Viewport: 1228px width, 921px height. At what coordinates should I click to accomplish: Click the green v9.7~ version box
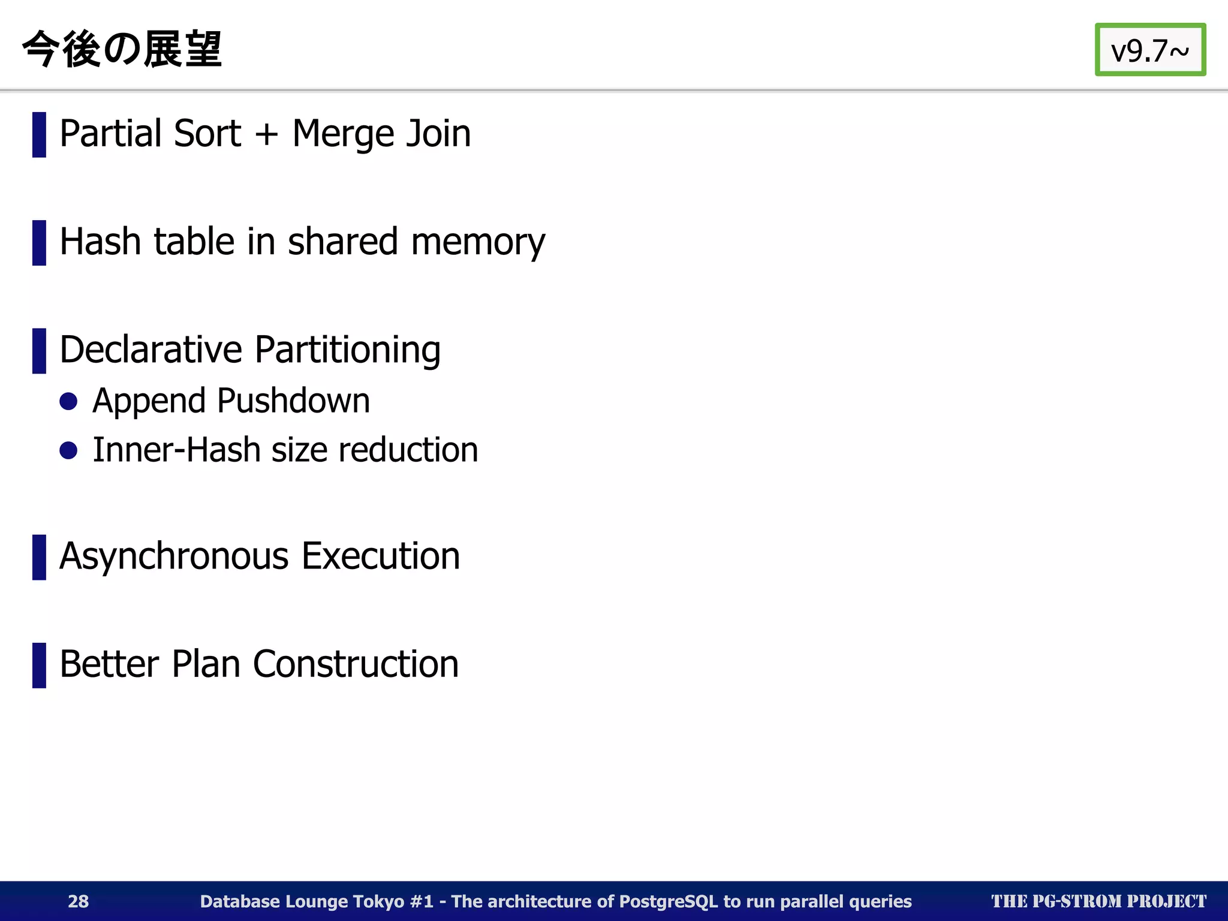1149,50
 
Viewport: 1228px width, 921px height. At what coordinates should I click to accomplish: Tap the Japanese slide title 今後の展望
122,49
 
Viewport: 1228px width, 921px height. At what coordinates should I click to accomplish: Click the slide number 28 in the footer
78,901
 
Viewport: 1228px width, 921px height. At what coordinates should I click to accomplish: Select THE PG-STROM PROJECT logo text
1098,901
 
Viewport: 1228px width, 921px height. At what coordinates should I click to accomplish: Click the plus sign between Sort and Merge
266,134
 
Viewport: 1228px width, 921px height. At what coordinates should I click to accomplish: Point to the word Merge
343,134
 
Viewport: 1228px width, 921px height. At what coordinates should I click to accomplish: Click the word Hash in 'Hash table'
100,242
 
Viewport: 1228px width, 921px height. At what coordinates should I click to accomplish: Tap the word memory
478,243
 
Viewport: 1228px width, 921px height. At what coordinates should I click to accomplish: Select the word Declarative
151,350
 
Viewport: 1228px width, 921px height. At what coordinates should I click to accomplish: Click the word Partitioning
348,351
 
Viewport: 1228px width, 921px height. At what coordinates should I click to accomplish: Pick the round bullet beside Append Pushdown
69,401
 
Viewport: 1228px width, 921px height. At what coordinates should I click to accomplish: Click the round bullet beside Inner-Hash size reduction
69,450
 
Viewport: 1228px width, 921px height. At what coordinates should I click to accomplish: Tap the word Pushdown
293,401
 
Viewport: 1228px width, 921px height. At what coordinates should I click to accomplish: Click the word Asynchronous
174,556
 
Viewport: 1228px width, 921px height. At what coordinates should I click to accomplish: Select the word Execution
381,556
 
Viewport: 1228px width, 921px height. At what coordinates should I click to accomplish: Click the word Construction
356,664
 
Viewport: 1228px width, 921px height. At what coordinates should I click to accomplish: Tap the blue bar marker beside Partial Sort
39,134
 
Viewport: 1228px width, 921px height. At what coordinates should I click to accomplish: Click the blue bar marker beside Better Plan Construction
39,665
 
